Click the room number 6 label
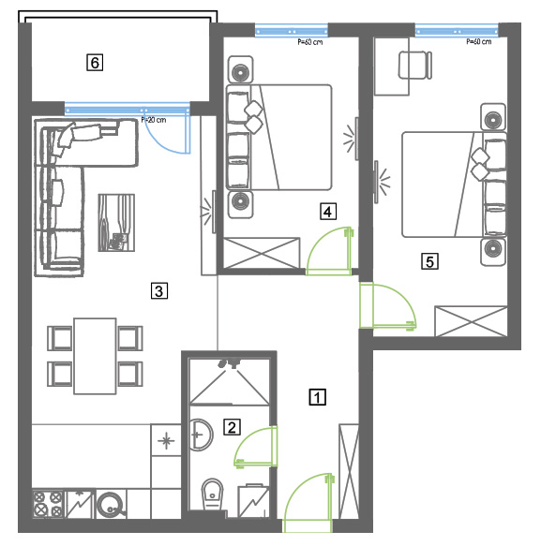pos(95,63)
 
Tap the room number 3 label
pos(159,290)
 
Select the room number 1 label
pos(317,397)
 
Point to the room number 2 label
pos(232,427)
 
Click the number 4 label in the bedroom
pos(328,212)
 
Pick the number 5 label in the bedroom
pos(429,261)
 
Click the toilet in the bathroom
pos(213,494)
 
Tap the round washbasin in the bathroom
pos(200,435)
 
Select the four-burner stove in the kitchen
pos(48,504)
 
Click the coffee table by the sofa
pos(116,223)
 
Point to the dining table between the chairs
pos(95,356)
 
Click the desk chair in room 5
pos(415,66)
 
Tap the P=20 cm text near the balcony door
pos(154,120)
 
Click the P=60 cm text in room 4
pos(310,42)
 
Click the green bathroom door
pos(256,447)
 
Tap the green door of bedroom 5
pos(387,306)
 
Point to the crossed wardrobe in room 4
pos(262,253)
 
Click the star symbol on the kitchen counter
pos(166,440)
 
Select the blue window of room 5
pos(457,31)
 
